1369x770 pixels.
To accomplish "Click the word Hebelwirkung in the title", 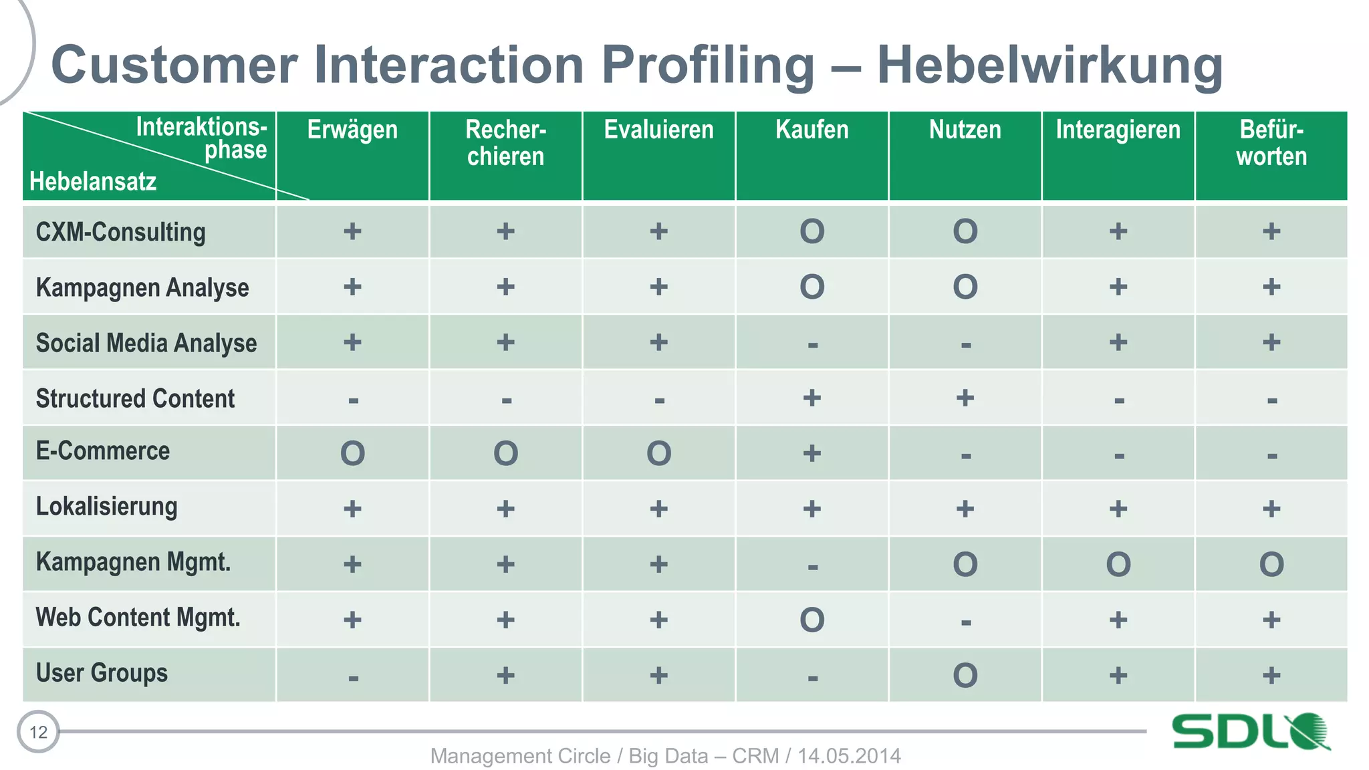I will [1049, 66].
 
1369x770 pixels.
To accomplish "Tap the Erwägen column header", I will [352, 130].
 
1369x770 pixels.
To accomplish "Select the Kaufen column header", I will [812, 130].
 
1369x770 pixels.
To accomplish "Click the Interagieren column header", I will [1118, 130].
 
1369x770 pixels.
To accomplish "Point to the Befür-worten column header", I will [1271, 143].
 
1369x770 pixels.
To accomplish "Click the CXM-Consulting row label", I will [121, 232].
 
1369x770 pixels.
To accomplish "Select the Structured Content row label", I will [135, 398].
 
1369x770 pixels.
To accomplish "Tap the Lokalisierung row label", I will [107, 507].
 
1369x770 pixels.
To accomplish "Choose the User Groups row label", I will [102, 673].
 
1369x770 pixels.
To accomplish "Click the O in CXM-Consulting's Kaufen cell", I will [812, 232].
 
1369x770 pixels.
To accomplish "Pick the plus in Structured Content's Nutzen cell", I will [965, 398].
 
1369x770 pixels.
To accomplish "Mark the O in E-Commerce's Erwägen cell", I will [352, 454].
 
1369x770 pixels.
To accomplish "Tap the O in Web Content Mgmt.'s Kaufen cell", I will [812, 620].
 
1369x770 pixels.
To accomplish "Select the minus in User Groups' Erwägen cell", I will [353, 678].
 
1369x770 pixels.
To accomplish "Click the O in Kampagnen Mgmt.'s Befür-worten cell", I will [1271, 565].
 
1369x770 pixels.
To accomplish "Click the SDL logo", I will [1250, 731].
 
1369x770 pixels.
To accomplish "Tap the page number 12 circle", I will [38, 732].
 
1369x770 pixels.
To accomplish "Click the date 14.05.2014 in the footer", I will [849, 756].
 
